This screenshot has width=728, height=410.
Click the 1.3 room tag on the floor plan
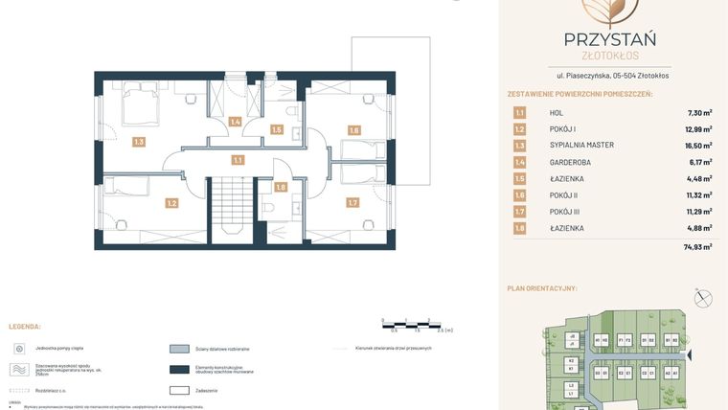(139, 142)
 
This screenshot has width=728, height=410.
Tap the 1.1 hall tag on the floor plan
(238, 160)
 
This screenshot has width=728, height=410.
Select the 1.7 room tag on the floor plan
(353, 202)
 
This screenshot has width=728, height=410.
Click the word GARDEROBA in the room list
(569, 162)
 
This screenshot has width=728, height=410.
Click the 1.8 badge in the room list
(519, 228)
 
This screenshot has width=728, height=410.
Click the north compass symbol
(704, 298)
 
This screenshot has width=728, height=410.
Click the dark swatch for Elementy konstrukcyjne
(179, 370)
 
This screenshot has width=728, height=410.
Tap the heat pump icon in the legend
(19, 349)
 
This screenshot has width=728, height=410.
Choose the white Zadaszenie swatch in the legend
(179, 390)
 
